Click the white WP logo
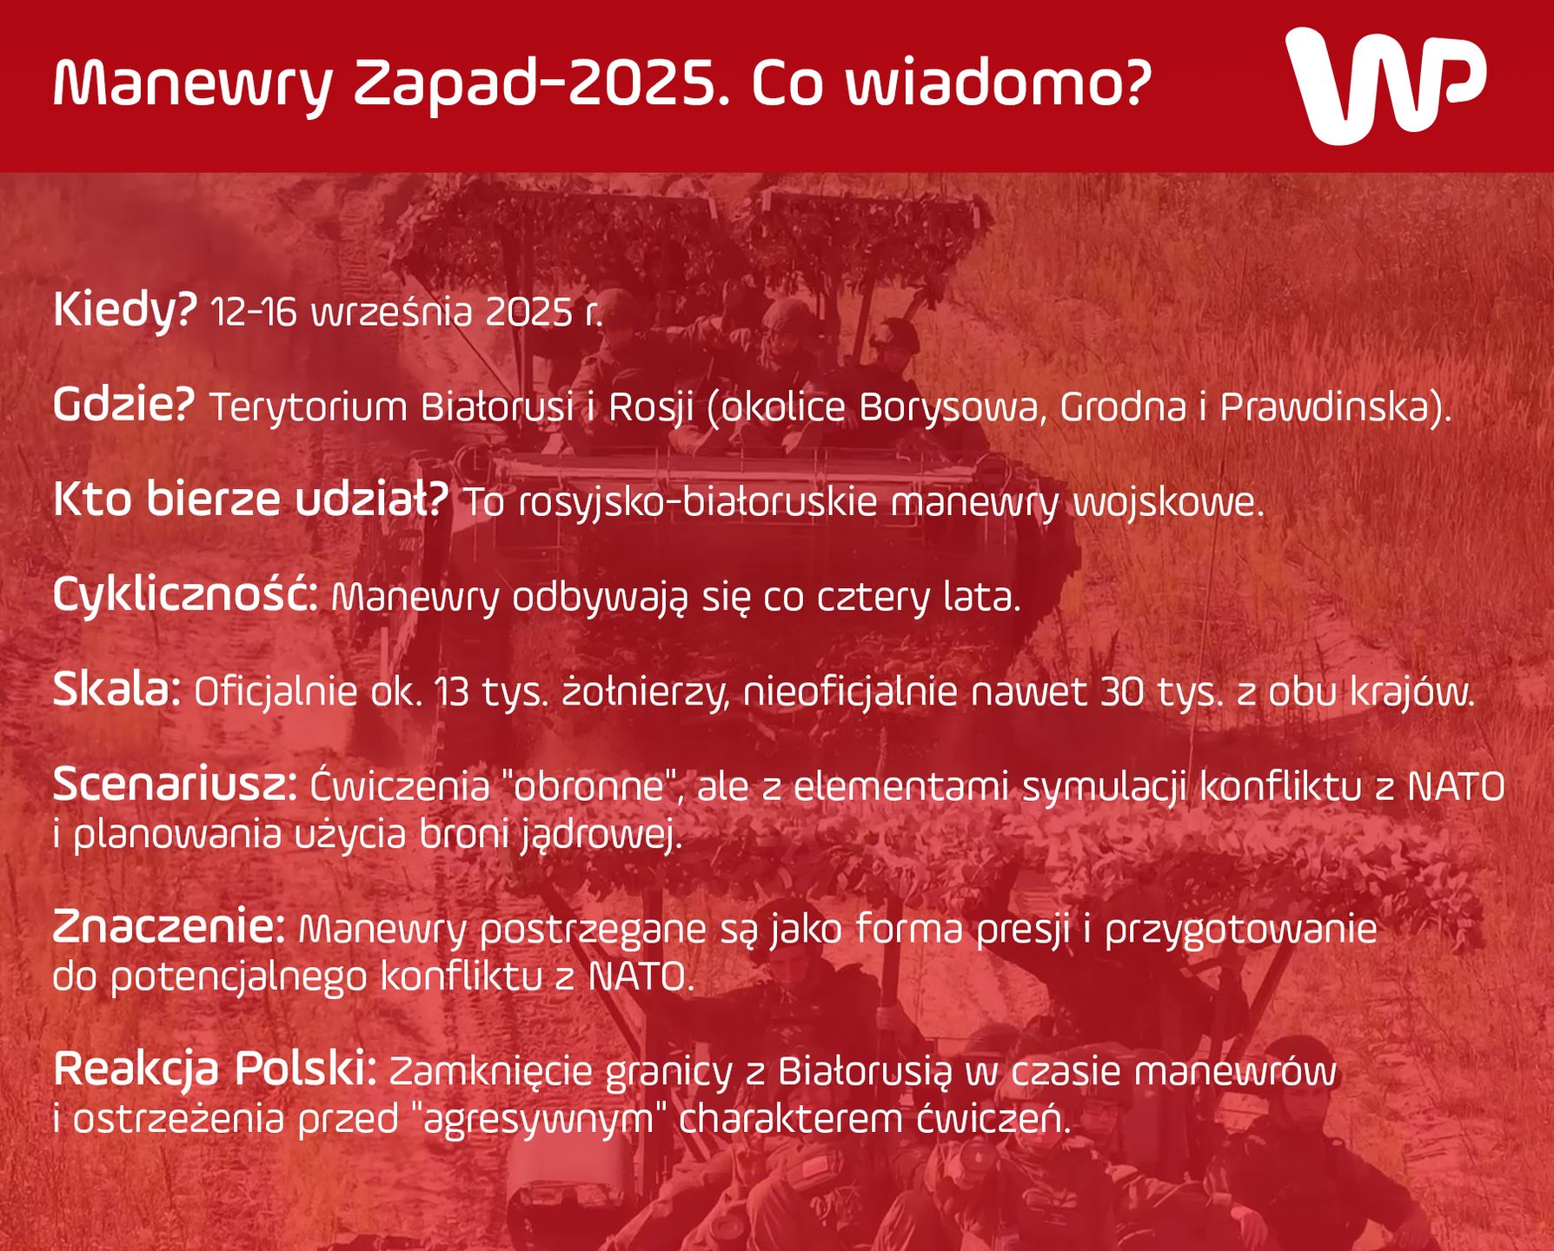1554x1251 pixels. point(1385,85)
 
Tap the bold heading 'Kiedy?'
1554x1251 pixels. point(125,311)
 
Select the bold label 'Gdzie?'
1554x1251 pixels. point(123,406)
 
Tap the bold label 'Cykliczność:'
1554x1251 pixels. point(185,596)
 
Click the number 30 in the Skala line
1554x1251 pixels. point(1121,692)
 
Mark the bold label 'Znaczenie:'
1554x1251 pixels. point(169,927)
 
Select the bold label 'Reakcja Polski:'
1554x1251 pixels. point(215,1070)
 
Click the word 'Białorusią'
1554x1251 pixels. point(866,1072)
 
